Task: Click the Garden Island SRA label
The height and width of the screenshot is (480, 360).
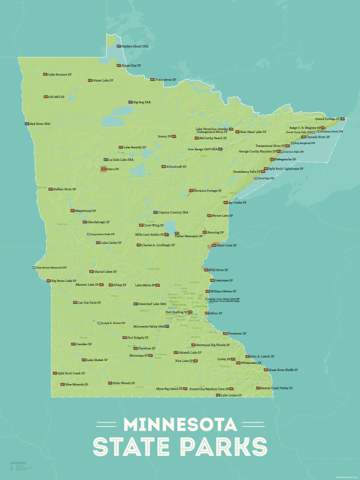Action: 135,47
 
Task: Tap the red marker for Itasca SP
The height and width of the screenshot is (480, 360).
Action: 104,169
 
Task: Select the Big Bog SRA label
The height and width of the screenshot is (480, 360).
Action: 142,102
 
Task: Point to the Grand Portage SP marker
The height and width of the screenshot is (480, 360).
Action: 342,119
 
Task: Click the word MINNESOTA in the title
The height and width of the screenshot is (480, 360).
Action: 180,424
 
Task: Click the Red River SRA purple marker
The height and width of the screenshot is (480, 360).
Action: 27,124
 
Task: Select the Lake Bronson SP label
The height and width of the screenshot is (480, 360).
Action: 60,74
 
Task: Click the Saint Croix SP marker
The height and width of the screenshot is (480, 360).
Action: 214,245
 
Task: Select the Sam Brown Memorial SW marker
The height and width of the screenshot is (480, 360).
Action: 35,267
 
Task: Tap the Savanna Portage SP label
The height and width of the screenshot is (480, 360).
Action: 208,191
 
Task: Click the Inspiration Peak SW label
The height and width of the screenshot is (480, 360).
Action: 103,234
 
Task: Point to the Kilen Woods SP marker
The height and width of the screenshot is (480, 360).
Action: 110,383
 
